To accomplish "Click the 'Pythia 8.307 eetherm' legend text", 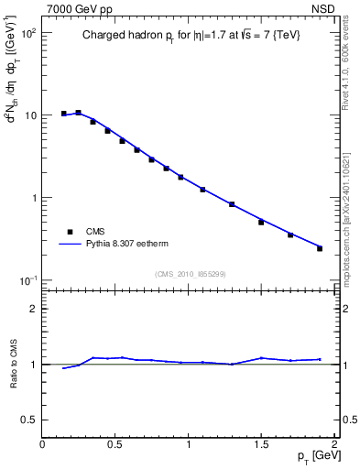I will tap(127, 245).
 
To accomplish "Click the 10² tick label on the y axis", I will tap(28, 33).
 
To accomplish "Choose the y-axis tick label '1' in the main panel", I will tap(34, 198).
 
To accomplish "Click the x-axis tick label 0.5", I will tap(115, 444).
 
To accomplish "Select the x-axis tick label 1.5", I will tap(261, 444).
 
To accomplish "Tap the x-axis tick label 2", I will tap(334, 444).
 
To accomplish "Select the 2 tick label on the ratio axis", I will tap(34, 309).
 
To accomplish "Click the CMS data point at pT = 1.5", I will tap(261, 223).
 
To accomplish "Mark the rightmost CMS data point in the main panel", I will tap(320, 248).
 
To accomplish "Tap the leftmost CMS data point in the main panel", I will tap(64, 114).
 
